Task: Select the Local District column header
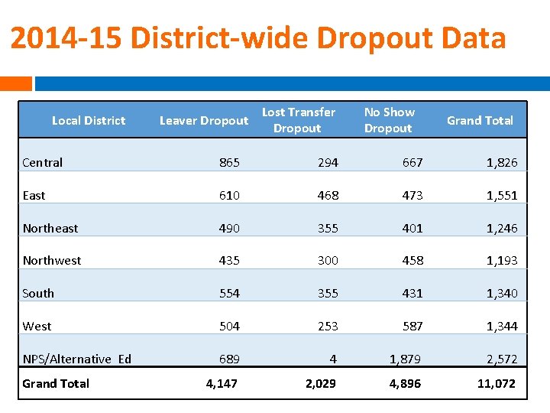click(x=89, y=120)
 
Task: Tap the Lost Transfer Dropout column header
click(x=298, y=120)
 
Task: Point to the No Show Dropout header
click(x=388, y=120)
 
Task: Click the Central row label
click(x=43, y=162)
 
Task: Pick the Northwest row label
click(x=52, y=260)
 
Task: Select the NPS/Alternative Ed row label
click(x=77, y=359)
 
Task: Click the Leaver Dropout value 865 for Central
click(x=229, y=162)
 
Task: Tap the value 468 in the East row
click(x=328, y=195)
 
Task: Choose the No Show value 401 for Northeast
click(x=412, y=228)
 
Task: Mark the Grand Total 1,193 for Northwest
click(x=502, y=260)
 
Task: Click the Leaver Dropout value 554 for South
click(x=229, y=293)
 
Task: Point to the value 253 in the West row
click(x=328, y=326)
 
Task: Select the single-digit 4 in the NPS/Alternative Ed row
click(x=334, y=359)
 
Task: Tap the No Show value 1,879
click(x=405, y=359)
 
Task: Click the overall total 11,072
click(x=497, y=383)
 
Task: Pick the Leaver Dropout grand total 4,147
click(x=222, y=383)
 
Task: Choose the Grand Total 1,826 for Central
click(x=502, y=162)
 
